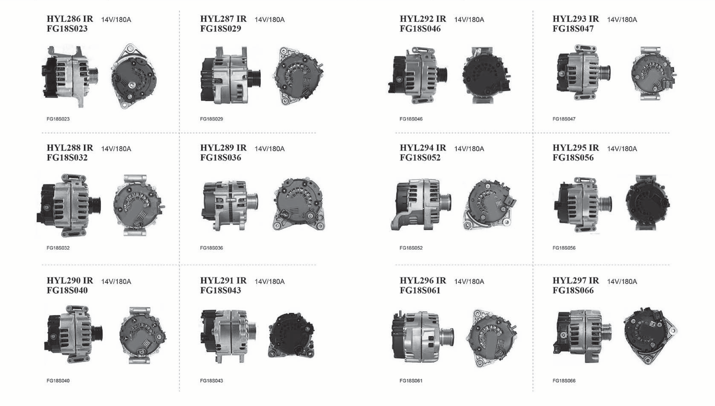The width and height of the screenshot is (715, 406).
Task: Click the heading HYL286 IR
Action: (x=70, y=19)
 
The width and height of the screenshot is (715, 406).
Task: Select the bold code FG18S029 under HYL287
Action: (x=221, y=29)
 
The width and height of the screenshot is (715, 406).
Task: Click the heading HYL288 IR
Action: (x=70, y=148)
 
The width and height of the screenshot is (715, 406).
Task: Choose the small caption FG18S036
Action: (x=211, y=248)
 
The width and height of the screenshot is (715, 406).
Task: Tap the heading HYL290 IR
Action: (x=70, y=281)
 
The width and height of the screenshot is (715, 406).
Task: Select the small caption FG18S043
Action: (x=211, y=381)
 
